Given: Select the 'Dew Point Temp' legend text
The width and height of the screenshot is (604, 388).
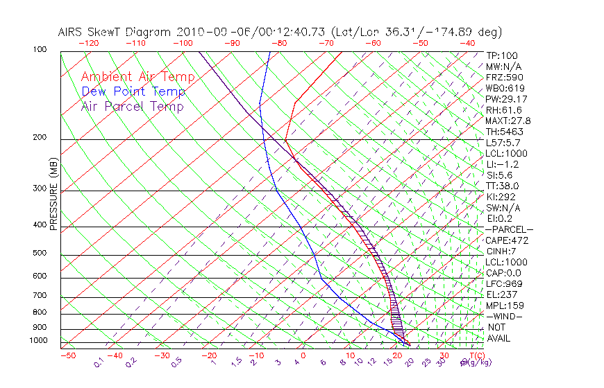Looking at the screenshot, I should coord(133,91).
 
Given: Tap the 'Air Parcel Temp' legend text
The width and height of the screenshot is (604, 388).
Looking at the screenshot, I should coord(132,106).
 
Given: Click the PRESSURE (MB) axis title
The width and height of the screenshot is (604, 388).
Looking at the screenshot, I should coord(53,194).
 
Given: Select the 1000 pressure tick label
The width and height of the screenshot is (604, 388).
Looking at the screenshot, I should coord(40,340).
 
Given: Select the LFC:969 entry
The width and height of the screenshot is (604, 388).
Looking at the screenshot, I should coord(504,283).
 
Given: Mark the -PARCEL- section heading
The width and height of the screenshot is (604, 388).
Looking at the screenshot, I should coord(509,229).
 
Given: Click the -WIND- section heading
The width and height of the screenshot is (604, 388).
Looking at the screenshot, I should coord(504,316).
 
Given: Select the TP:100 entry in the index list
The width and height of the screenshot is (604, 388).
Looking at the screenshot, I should coord(502,55).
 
